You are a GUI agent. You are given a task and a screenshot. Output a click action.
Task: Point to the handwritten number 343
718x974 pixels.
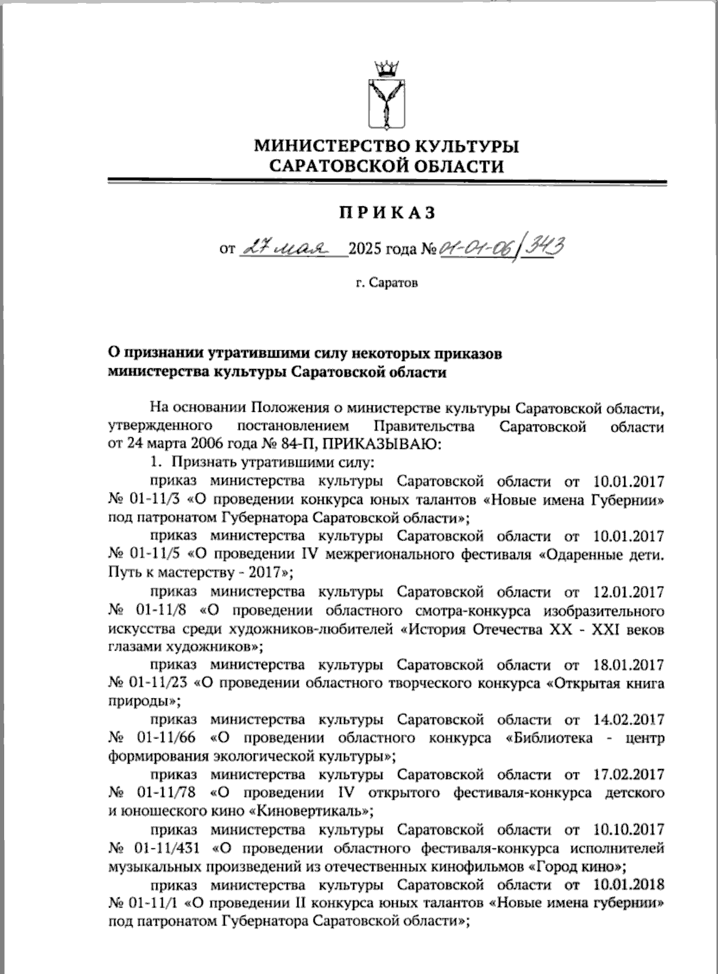point(544,246)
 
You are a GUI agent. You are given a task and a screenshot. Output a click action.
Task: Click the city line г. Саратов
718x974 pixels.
point(387,282)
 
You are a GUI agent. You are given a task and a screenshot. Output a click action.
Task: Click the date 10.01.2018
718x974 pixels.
point(629,884)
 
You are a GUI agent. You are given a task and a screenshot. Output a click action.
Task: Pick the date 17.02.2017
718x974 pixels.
point(629,775)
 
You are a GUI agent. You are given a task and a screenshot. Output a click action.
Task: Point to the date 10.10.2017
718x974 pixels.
point(629,829)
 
